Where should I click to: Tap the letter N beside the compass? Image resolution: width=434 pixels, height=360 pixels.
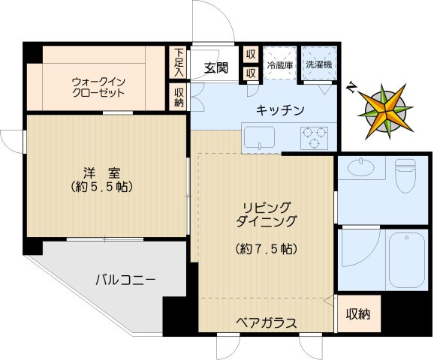click(x=351, y=87)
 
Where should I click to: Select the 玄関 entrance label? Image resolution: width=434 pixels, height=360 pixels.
click(x=215, y=68)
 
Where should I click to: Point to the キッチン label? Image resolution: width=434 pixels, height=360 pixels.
click(x=280, y=110)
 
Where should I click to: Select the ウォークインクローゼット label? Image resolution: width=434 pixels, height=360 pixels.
click(x=98, y=87)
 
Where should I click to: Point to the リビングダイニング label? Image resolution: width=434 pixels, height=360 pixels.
click(x=266, y=214)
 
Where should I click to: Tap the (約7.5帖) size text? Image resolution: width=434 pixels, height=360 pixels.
click(x=266, y=248)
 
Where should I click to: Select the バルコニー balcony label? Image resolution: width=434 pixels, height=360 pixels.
click(x=125, y=280)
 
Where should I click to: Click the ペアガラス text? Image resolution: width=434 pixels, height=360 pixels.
click(x=266, y=322)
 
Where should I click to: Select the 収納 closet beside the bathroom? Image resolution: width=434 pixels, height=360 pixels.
click(x=358, y=314)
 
